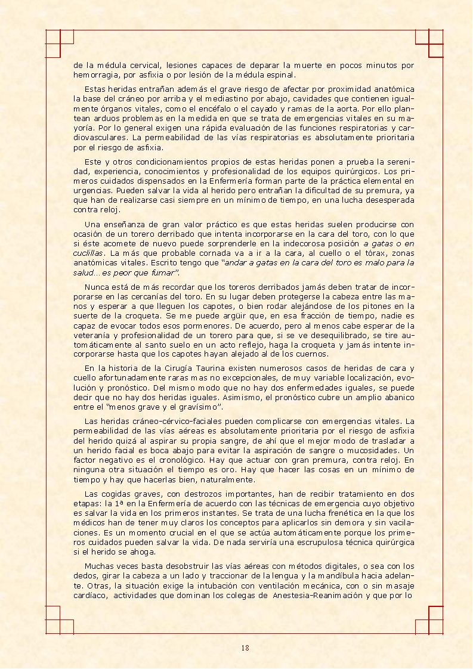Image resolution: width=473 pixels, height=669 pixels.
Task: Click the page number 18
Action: pos(245,648)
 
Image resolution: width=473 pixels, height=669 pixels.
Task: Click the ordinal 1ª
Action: pos(118,503)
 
